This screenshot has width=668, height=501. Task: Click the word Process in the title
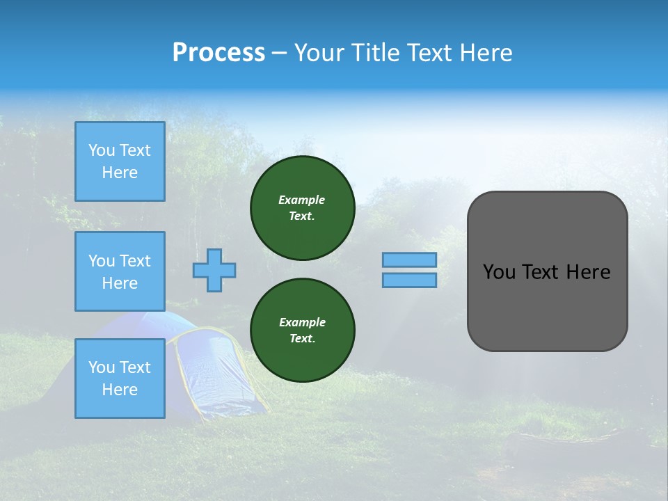[x=218, y=53]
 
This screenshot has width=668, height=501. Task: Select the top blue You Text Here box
[x=120, y=161]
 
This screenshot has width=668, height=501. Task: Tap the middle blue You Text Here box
[x=120, y=271]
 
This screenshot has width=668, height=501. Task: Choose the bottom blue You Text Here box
[x=120, y=378]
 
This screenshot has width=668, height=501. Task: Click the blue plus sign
[x=214, y=270]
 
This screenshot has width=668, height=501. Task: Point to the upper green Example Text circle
[x=302, y=208]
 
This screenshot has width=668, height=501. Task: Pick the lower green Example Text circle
[x=302, y=331]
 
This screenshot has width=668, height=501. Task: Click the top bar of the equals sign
[x=409, y=260]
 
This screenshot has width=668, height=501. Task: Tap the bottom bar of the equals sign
[x=409, y=280]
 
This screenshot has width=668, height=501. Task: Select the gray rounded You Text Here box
[x=547, y=271]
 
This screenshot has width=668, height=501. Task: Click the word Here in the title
[x=485, y=53]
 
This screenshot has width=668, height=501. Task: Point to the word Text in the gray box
[x=542, y=272]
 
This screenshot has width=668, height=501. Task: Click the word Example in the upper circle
[x=302, y=200]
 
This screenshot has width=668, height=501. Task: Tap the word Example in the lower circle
[x=302, y=322]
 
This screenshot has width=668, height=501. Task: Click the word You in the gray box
[x=498, y=272]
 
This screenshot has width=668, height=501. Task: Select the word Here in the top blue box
[x=120, y=173]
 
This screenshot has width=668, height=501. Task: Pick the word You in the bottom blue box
[x=102, y=367]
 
